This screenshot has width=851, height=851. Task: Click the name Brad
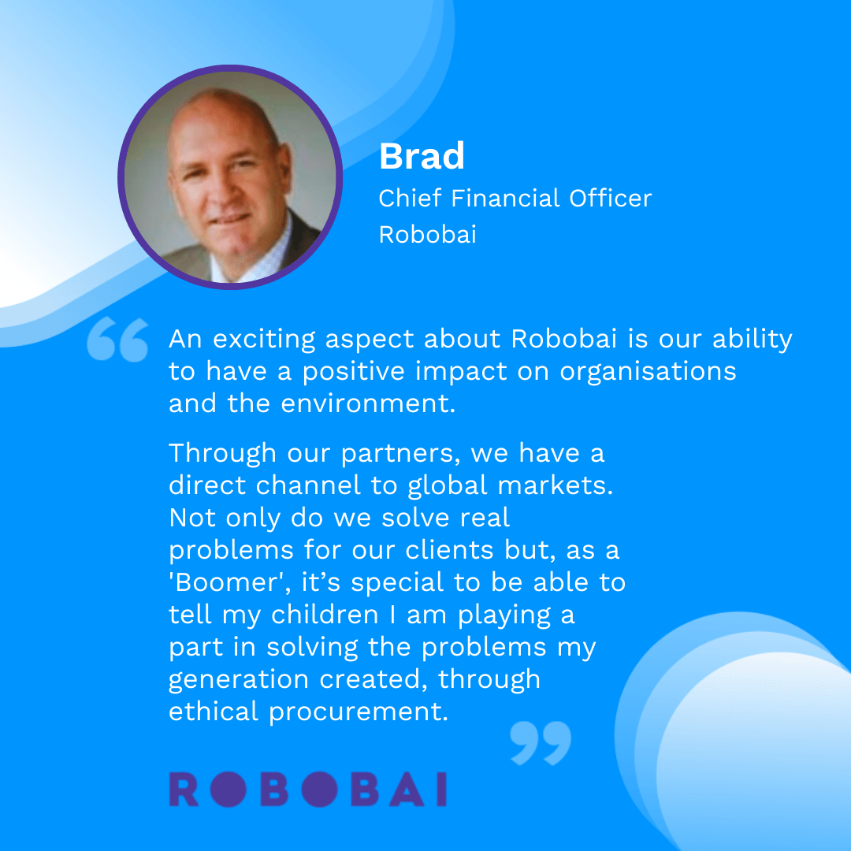coord(422,157)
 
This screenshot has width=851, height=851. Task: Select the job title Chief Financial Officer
coord(515,198)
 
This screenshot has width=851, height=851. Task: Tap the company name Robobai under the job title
coord(427,235)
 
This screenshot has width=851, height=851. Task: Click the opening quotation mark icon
coord(117,340)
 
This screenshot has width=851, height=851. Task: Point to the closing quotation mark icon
coord(540,742)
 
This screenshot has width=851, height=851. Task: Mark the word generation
coord(239,679)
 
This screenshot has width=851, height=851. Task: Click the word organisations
coord(648,371)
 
